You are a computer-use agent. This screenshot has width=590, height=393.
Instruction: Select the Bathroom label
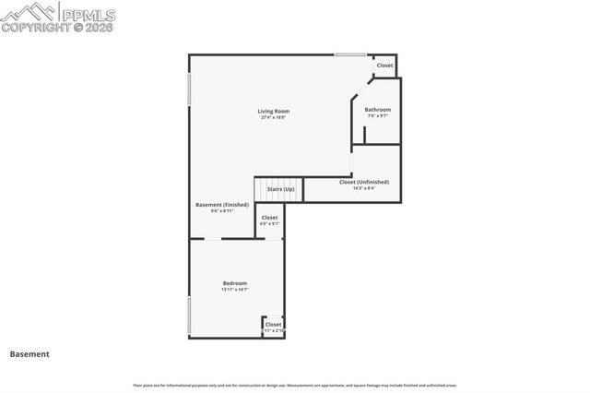coord(377,110)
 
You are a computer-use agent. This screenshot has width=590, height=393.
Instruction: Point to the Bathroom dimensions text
coord(377,115)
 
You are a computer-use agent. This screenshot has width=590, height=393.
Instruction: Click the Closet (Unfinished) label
coord(364,182)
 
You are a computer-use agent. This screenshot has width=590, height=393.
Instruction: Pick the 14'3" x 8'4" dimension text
coord(364,187)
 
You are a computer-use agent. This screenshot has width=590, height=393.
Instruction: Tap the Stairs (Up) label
coord(280,189)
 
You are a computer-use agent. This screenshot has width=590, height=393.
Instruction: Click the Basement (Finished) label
coord(222,204)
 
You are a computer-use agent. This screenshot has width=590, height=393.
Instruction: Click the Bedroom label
coord(234,283)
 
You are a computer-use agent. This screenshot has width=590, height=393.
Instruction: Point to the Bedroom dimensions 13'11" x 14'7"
coord(234,290)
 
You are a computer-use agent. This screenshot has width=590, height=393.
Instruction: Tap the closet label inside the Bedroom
coord(274,325)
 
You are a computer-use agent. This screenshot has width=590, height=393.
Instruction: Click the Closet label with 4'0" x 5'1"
coord(269,218)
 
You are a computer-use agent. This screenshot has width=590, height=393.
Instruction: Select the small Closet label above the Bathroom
coord(384,65)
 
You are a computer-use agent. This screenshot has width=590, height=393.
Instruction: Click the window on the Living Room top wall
coord(349,55)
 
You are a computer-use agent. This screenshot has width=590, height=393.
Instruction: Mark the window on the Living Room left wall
coord(190,89)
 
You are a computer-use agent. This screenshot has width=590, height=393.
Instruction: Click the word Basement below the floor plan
coord(29,354)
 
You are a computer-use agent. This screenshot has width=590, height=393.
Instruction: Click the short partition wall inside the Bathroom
coord(364,135)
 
